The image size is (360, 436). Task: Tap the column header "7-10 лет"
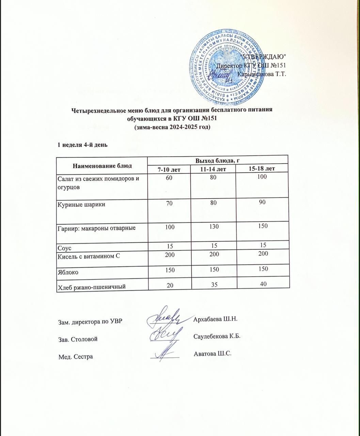pyautogui.click(x=169, y=169)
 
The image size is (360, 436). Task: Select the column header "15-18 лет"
pyautogui.click(x=262, y=169)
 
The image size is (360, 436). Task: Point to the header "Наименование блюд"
pyautogui.click(x=102, y=166)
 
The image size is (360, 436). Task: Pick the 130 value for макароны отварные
pyautogui.click(x=213, y=226)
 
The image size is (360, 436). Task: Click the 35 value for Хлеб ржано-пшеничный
pyautogui.click(x=213, y=284)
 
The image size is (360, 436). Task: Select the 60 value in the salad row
pyautogui.click(x=169, y=177)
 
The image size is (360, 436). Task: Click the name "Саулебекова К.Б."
pyautogui.click(x=217, y=336)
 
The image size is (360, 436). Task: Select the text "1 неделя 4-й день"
pyautogui.click(x=82, y=145)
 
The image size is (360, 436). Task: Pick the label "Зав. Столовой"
pyautogui.click(x=78, y=339)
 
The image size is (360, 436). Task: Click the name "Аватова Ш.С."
pyautogui.click(x=212, y=353)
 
